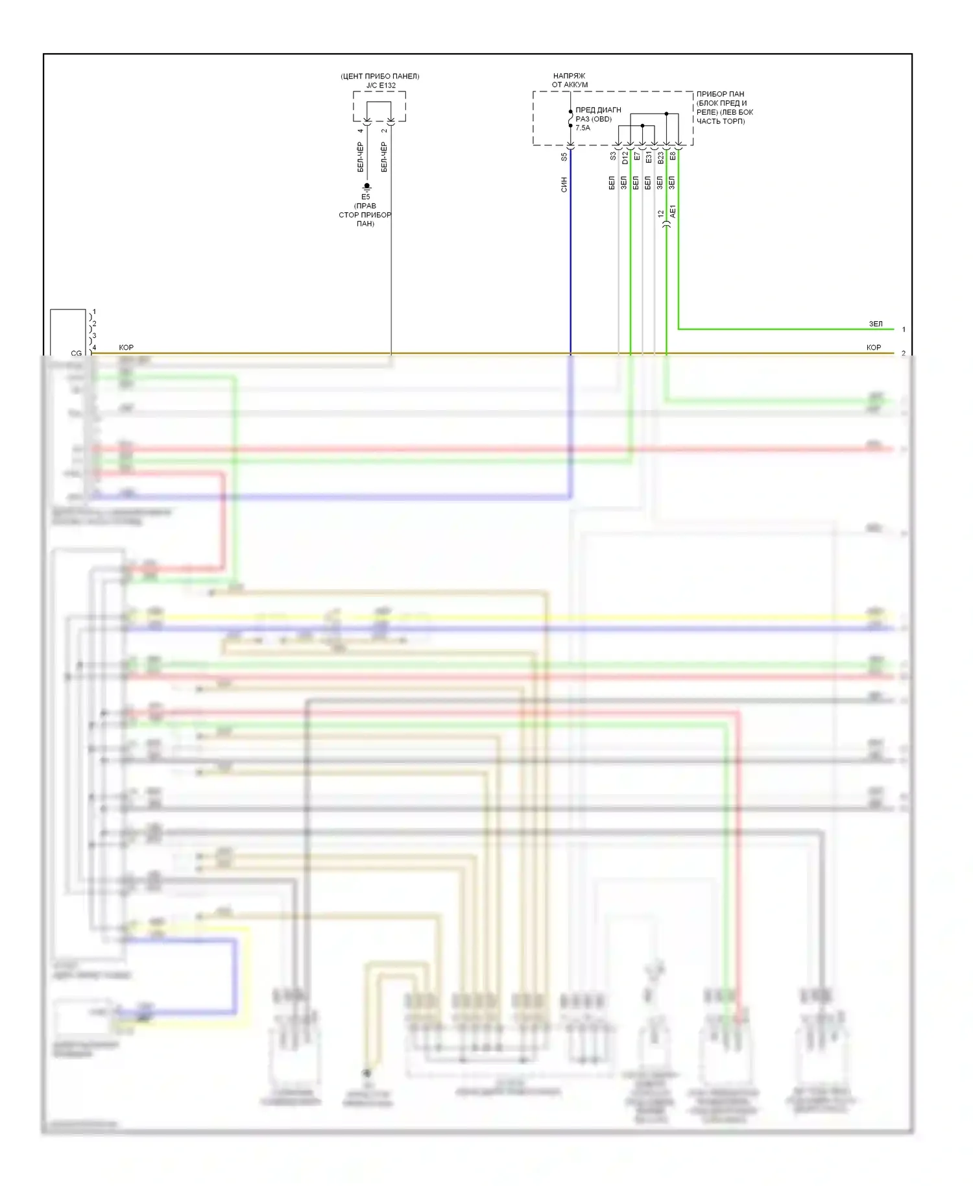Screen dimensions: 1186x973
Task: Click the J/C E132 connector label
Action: [380, 85]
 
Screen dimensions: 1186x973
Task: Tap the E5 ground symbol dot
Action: [366, 186]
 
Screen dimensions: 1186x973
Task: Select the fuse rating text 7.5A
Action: [583, 128]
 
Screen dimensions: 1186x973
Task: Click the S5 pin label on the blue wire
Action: [564, 157]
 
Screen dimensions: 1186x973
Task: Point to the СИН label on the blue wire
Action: [564, 184]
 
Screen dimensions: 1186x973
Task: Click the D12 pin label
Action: [625, 157]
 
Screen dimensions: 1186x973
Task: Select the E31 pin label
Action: [649, 157]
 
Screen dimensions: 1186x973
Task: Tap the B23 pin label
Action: [660, 157]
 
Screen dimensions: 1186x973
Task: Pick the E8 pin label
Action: [673, 156]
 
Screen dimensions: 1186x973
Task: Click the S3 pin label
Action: [613, 156]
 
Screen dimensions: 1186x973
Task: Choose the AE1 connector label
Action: [673, 211]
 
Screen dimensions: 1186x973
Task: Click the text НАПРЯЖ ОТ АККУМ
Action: [570, 80]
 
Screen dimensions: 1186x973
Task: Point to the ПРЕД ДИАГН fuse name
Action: [598, 110]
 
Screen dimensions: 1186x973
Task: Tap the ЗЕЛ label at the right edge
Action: [875, 324]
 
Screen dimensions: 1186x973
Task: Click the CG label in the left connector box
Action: [77, 353]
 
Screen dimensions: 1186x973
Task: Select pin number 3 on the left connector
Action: [94, 335]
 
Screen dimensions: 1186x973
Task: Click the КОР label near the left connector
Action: [126, 348]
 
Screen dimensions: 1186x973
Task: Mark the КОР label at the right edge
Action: [873, 348]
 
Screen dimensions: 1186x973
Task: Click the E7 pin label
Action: [637, 157]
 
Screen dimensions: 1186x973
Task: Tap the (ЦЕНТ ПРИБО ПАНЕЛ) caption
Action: [380, 76]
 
